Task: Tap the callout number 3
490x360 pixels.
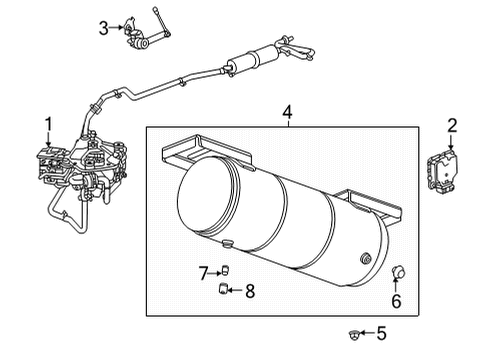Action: (103, 29)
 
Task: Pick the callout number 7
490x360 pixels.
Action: (201, 272)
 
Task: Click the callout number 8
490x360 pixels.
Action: (250, 292)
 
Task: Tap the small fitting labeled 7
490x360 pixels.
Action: (225, 270)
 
